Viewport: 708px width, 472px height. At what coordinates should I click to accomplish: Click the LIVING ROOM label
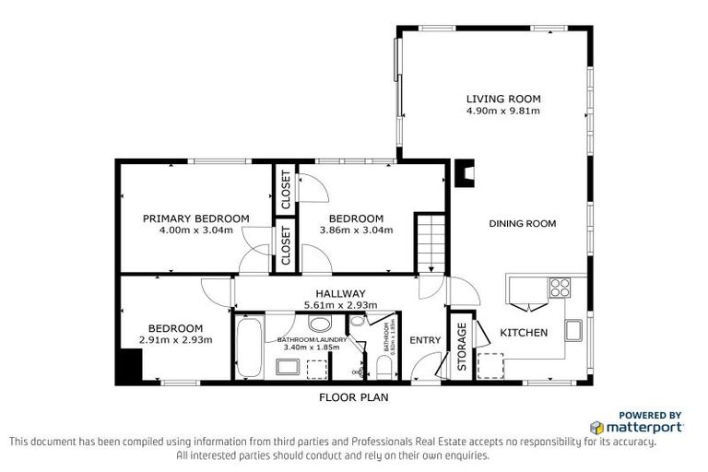502,99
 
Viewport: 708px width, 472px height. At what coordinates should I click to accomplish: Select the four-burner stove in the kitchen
559,287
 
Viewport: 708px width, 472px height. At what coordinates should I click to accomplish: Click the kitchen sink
572,329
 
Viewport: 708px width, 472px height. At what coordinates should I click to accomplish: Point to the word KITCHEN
524,332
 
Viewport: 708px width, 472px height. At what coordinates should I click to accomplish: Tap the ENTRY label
426,340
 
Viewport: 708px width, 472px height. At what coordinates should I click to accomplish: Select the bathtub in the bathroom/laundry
247,346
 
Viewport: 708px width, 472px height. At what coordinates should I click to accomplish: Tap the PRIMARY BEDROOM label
195,218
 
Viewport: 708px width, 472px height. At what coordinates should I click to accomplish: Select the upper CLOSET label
286,189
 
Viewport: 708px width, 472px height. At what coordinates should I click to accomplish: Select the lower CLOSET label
286,246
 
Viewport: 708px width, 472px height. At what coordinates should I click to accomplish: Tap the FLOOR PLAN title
353,398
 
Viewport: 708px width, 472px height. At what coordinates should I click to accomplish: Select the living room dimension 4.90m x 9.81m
502,111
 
